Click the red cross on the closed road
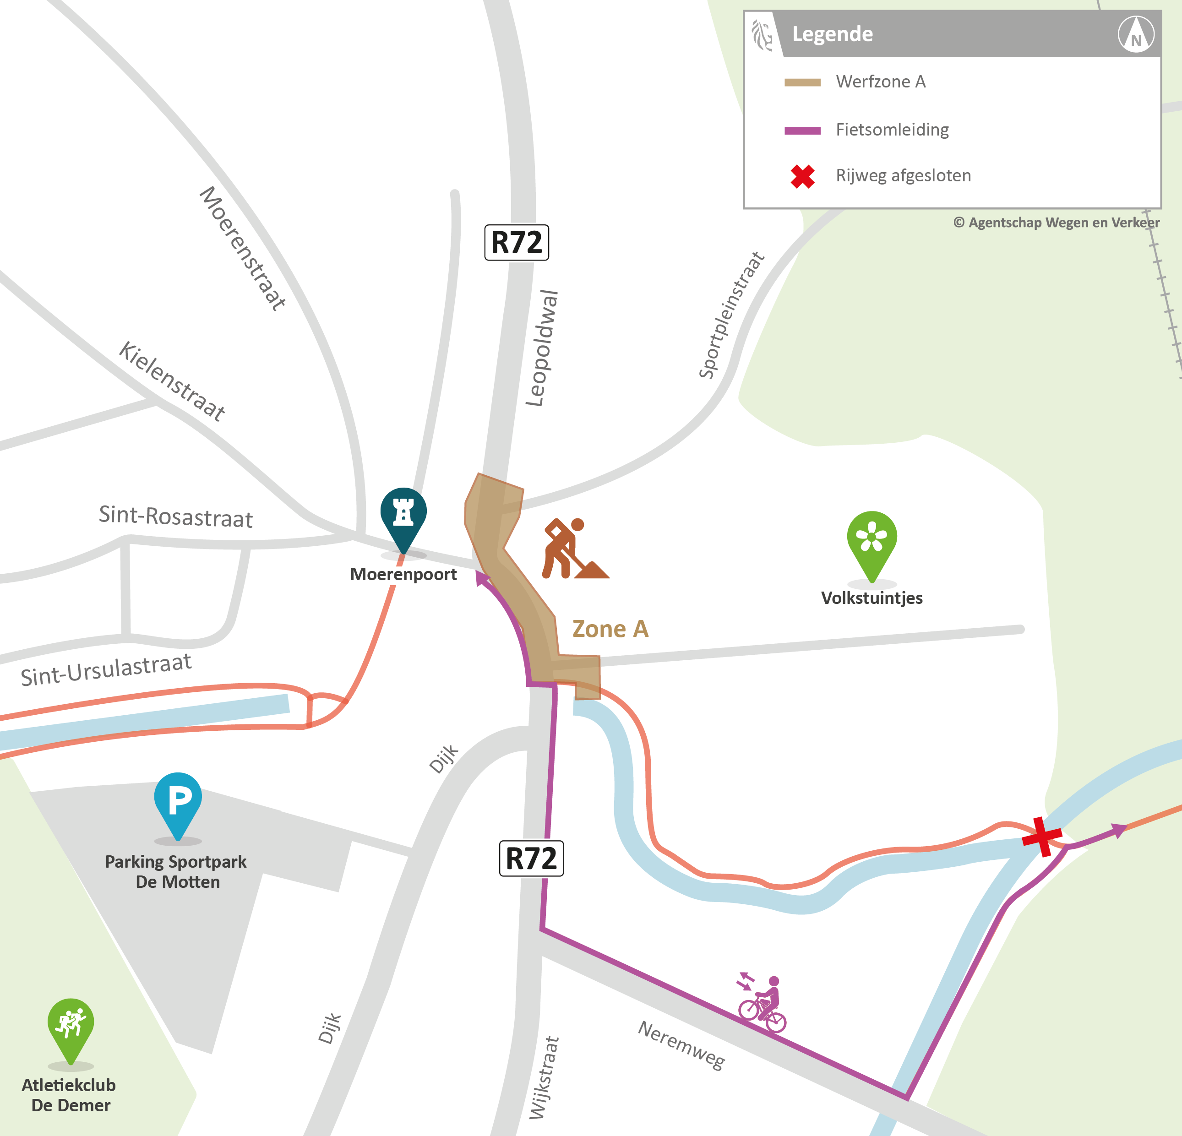pos(1041,837)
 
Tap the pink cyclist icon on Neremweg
pos(763,1004)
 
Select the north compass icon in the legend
pos(1136,34)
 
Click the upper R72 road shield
pos(517,242)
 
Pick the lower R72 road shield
pos(531,859)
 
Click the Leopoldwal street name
pos(542,348)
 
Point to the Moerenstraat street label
pos(242,249)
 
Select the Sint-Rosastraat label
pos(175,517)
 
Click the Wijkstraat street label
pos(544,1077)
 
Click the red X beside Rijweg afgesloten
pos(803,177)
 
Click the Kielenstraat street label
pos(172,380)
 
